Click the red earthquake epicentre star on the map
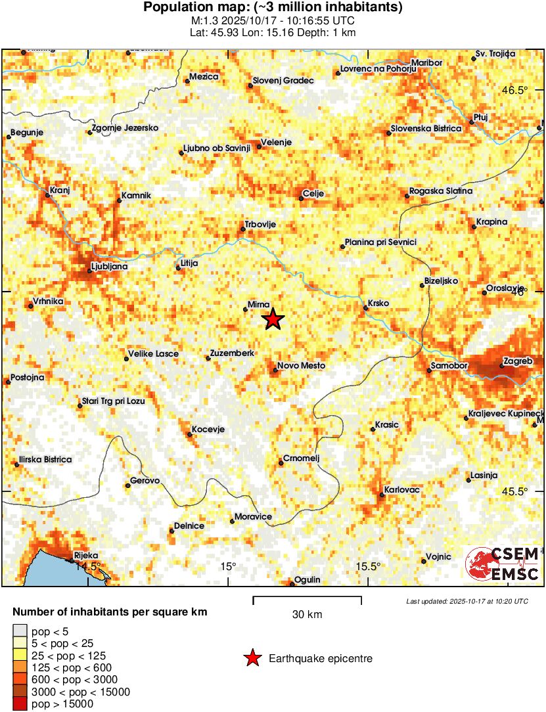click(273, 320)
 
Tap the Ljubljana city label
click(110, 267)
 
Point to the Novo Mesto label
click(301, 366)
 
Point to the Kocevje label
click(208, 430)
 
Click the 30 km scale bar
click(307, 598)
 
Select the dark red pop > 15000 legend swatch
click(21, 704)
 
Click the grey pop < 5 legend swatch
click(21, 631)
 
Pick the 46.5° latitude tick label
click(514, 91)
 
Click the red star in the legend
click(251, 658)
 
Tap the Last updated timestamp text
click(466, 601)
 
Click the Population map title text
click(273, 9)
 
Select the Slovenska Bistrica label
click(426, 128)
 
